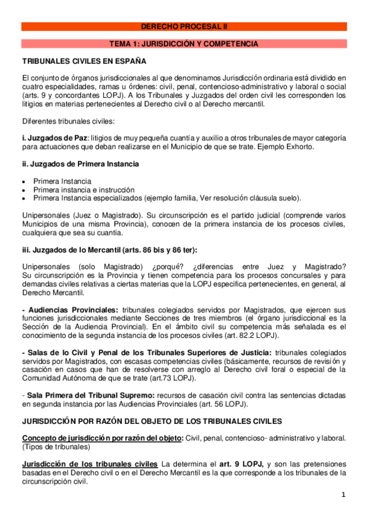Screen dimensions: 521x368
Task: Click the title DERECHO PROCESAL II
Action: point(184,27)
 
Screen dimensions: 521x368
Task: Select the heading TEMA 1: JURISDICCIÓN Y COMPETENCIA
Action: point(184,44)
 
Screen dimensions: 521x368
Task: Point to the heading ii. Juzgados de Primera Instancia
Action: point(80,164)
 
